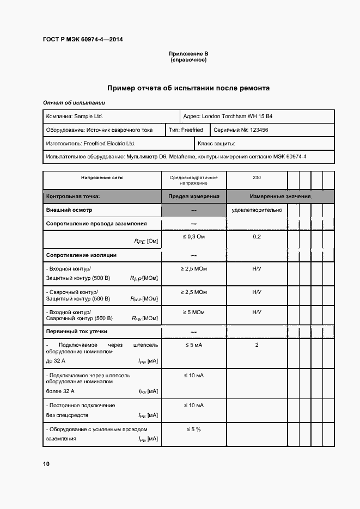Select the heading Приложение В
tap(188, 54)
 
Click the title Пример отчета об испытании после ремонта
tap(188, 88)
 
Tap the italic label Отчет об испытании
tap(74, 103)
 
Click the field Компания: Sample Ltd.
tap(74, 116)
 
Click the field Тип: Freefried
tap(186, 130)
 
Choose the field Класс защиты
tap(216, 144)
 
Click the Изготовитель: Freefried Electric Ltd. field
tap(90, 144)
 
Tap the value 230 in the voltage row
tap(257, 177)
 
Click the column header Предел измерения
tap(193, 196)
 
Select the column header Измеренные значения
tap(280, 196)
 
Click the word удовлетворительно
tap(257, 210)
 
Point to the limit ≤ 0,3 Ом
tap(193, 237)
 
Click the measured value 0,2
tap(257, 237)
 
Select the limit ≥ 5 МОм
tap(193, 312)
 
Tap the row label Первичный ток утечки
tap(77, 331)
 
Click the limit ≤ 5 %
tap(193, 430)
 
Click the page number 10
tap(46, 464)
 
